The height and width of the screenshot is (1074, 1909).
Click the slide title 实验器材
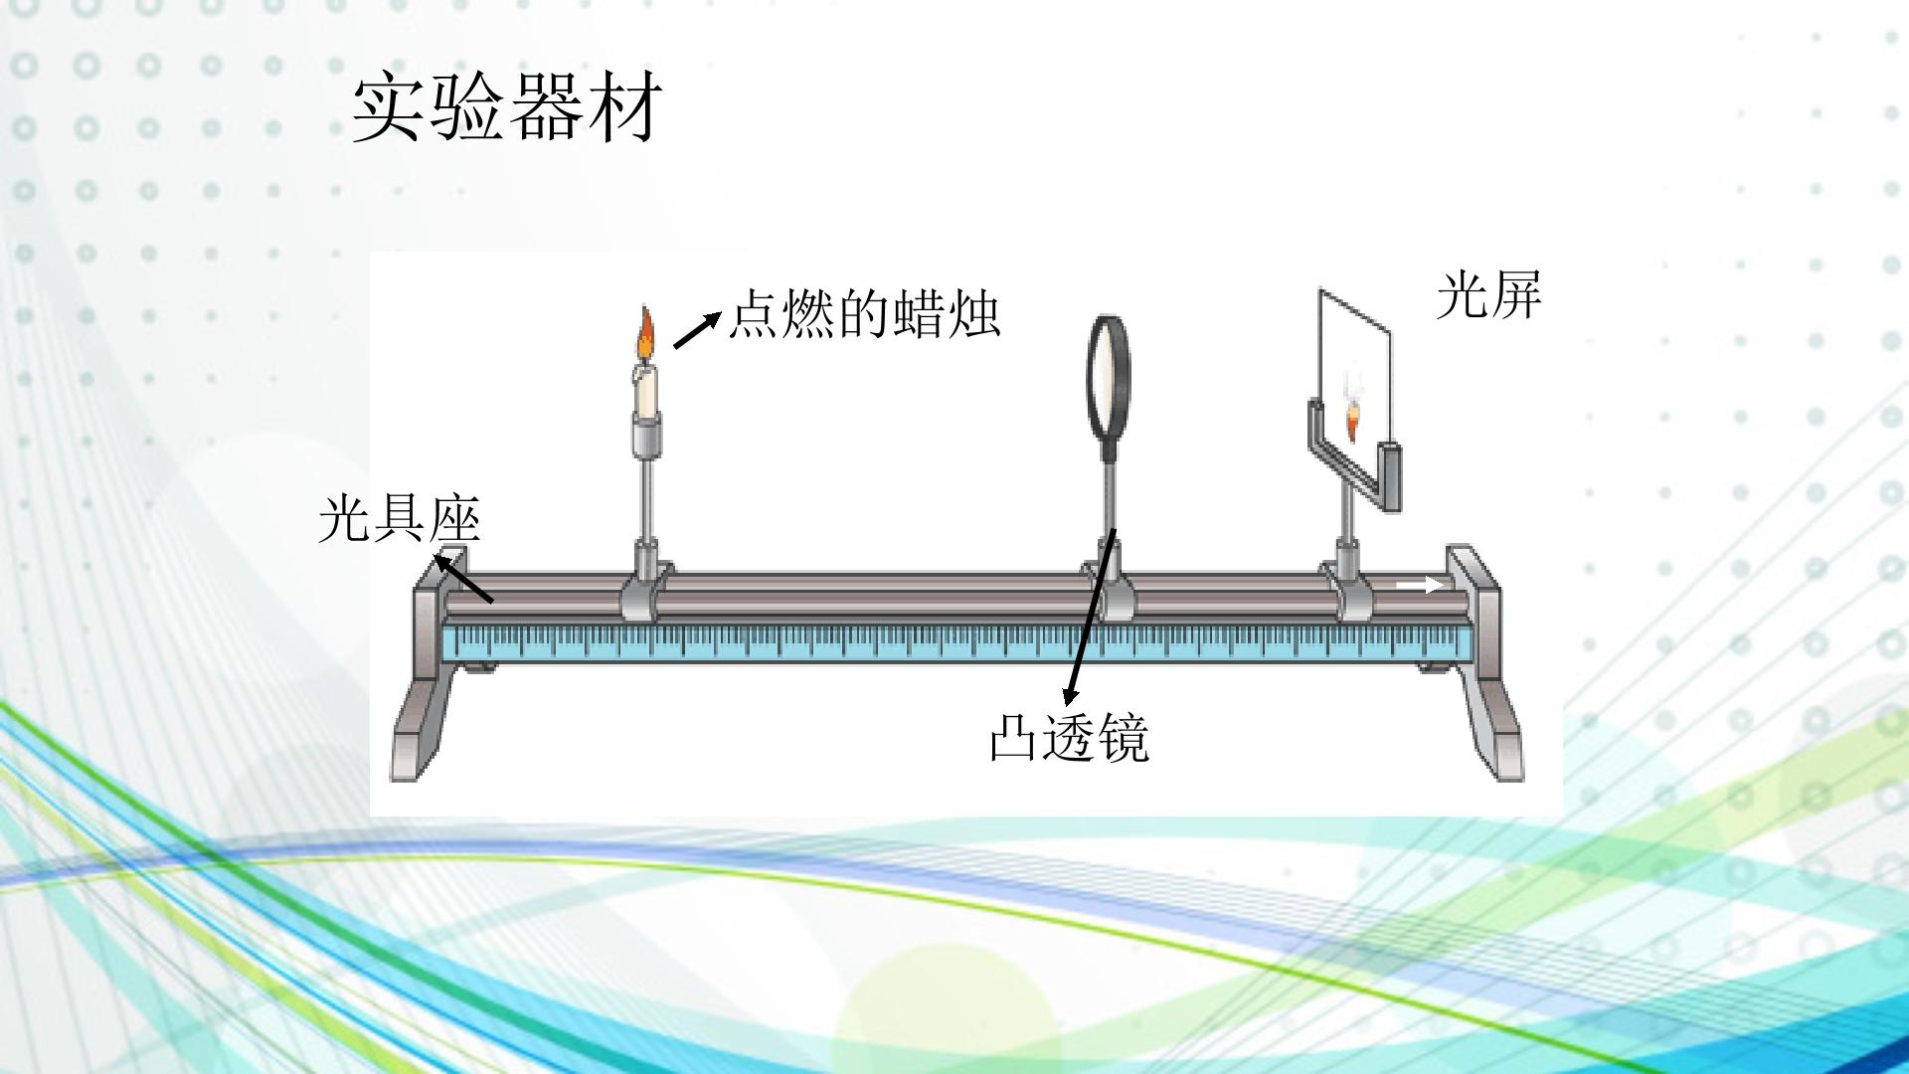pyautogui.click(x=507, y=106)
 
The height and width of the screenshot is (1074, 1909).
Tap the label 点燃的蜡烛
pyautogui.click(x=864, y=314)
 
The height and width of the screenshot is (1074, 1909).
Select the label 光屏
pyautogui.click(x=1488, y=295)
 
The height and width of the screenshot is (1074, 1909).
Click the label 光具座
pyautogui.click(x=400, y=519)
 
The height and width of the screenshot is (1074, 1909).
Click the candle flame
pyautogui.click(x=646, y=334)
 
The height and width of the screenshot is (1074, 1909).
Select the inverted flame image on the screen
pyautogui.click(x=1352, y=419)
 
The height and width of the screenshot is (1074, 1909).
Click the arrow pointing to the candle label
pyautogui.click(x=697, y=330)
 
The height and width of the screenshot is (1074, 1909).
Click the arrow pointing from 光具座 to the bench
pyautogui.click(x=462, y=579)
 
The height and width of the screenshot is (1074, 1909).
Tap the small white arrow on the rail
pyautogui.click(x=1420, y=586)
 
